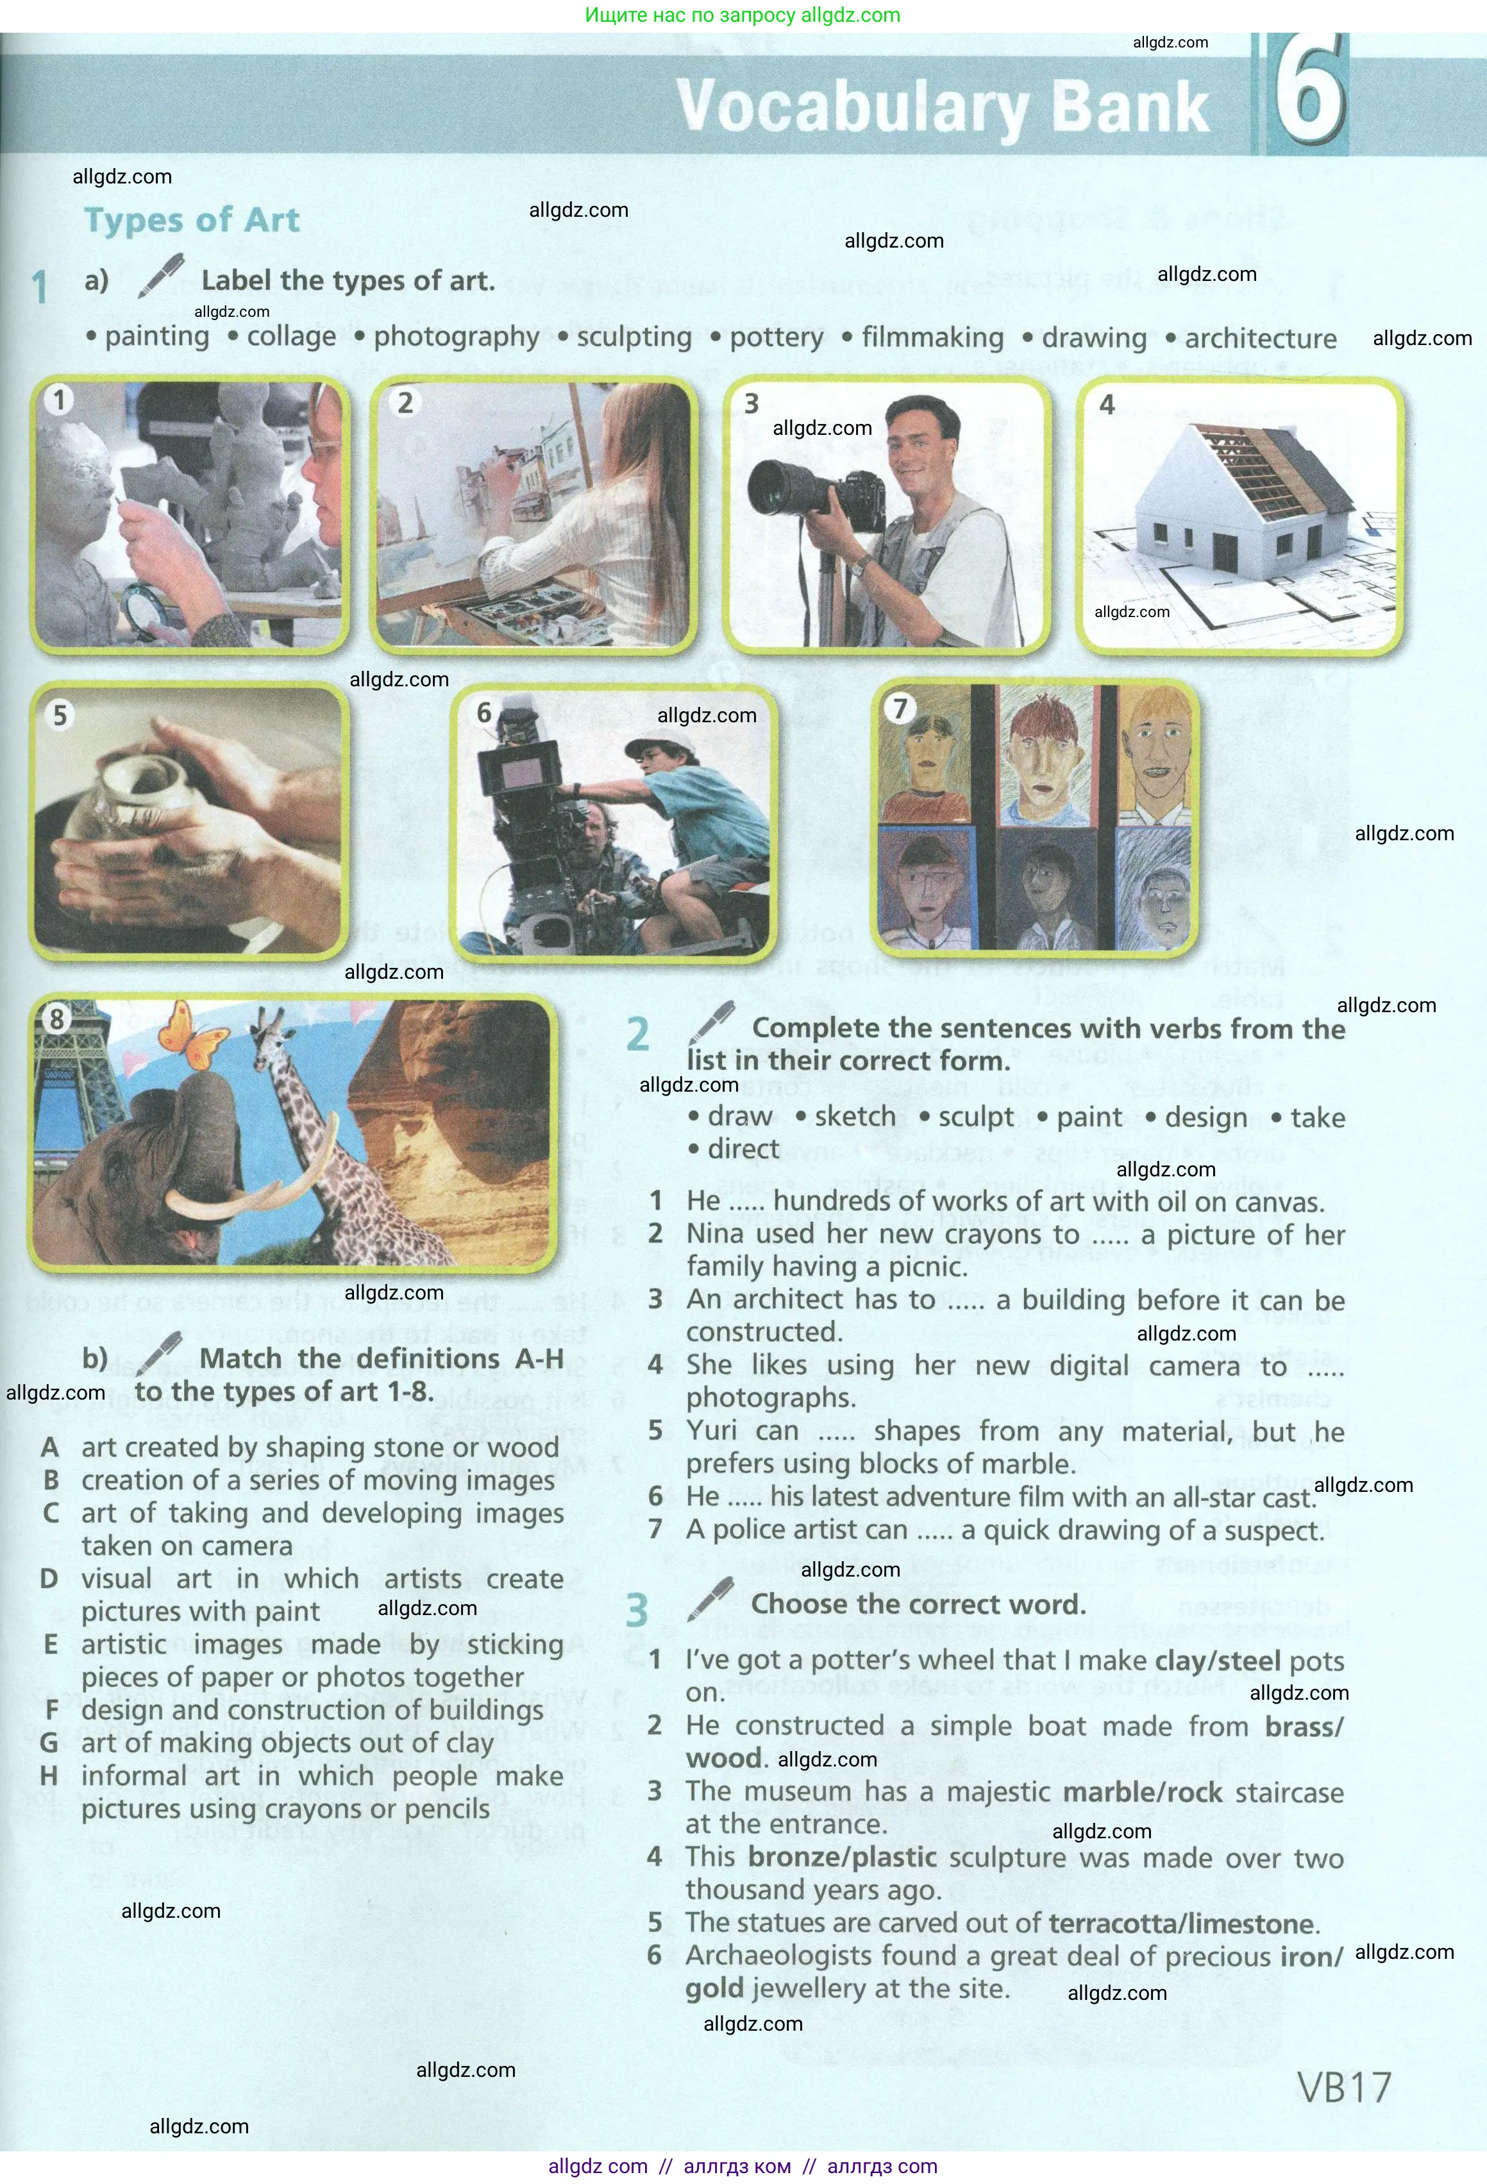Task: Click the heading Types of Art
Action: [x=192, y=220]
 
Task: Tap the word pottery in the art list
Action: [x=776, y=337]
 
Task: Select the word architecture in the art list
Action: [x=1259, y=338]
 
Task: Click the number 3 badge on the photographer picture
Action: [x=752, y=403]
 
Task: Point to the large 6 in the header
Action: [x=1309, y=91]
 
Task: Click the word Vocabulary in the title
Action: [x=850, y=107]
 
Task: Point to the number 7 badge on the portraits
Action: [x=900, y=707]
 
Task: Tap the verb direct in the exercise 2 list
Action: [x=743, y=1149]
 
